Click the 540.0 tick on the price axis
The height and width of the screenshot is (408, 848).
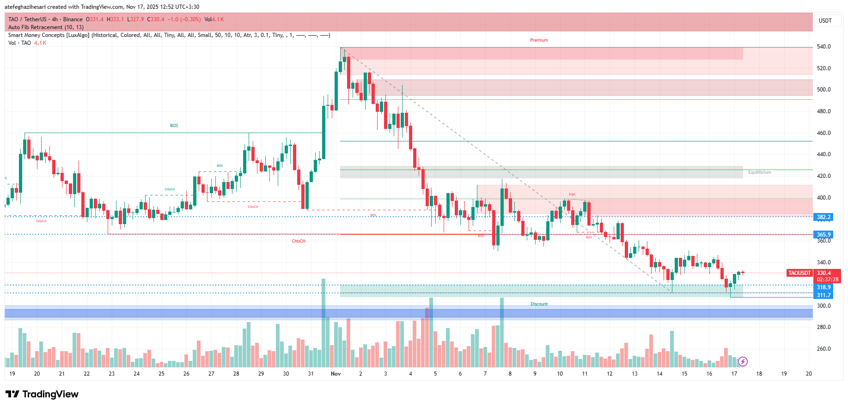coord(824,47)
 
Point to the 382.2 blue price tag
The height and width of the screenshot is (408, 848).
coord(824,217)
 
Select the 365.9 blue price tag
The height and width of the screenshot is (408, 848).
coord(824,235)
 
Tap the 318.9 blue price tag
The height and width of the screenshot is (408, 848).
coord(824,287)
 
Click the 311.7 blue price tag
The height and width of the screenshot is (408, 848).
coord(824,295)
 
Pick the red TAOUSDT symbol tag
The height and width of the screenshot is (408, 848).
coord(799,273)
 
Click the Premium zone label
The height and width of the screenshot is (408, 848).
coord(539,40)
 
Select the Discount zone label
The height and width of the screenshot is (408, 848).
coord(539,304)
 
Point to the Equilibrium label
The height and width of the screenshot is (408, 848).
coord(759,172)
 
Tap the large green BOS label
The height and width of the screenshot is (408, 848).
coord(174,126)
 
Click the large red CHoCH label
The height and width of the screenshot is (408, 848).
coord(299,241)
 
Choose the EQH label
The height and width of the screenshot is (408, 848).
coord(572,195)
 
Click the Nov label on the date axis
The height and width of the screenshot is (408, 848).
coord(336,374)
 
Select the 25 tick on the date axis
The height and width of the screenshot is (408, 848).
coord(161,374)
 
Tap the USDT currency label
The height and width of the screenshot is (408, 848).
coord(825,21)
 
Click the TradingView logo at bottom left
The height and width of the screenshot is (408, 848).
coord(42,394)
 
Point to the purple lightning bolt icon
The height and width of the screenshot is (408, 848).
coord(743,361)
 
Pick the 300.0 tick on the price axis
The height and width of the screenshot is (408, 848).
coord(824,306)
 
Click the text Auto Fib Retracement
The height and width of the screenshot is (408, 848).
coord(35,27)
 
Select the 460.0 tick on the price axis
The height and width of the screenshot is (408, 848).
coord(824,133)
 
